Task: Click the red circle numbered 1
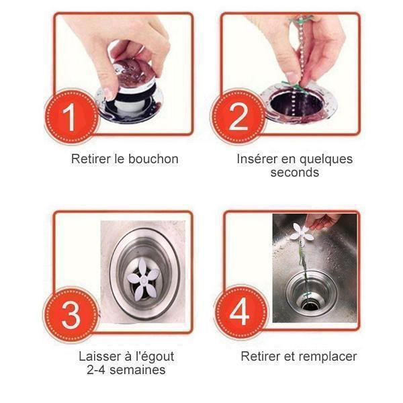[x=71, y=117]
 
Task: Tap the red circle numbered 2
[x=238, y=117]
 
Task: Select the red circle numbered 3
[x=71, y=315]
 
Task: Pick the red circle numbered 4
[x=240, y=312]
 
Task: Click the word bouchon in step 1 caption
[x=153, y=159]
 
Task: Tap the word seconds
[x=295, y=172]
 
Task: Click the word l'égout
[x=154, y=357]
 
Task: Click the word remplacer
[x=328, y=357]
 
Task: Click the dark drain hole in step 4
[x=310, y=306]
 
